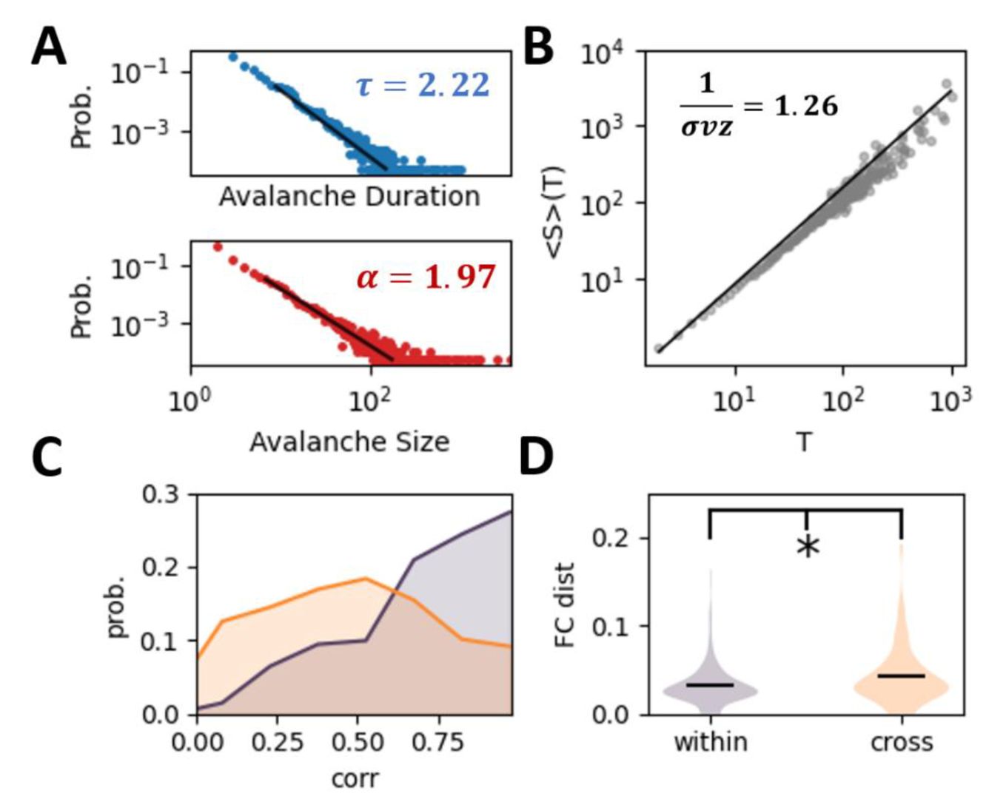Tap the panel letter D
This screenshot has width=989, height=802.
537,456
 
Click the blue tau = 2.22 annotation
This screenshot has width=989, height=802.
423,85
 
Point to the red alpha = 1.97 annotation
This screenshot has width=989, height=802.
426,277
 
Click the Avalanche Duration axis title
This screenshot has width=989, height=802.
349,197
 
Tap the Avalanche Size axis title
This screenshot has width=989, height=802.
349,442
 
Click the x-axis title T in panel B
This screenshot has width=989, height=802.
804,442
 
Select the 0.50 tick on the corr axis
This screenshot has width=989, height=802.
358,742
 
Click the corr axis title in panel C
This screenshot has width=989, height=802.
355,778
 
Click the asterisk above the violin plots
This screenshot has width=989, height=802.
808,547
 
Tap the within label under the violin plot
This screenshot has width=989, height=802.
710,742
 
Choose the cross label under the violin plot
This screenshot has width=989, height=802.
901,742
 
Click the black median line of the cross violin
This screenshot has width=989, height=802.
901,675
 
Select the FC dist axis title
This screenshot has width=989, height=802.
566,604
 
